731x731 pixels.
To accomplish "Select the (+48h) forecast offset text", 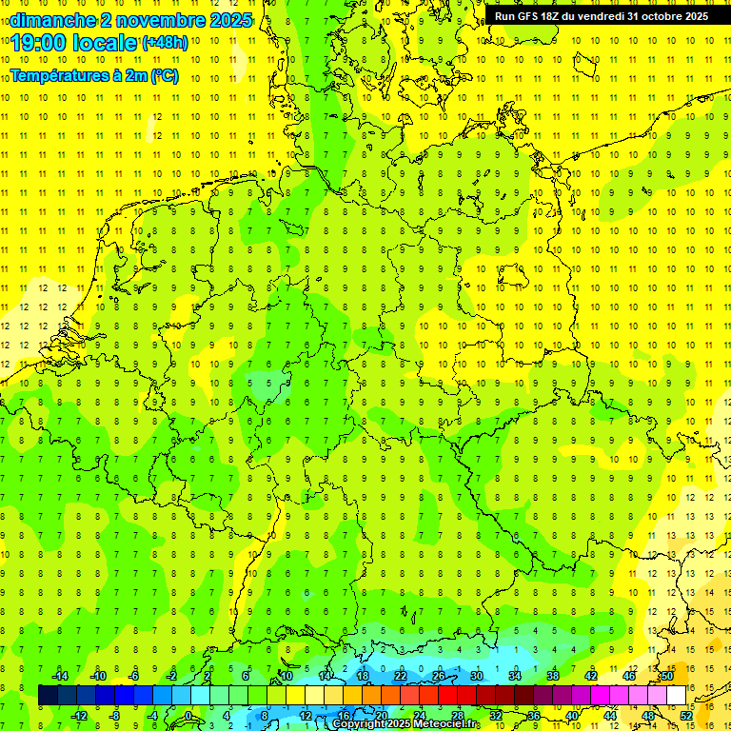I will tap(166, 43).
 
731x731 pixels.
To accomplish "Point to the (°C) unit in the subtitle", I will tap(164, 75).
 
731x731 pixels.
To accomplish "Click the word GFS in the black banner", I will tap(529, 16).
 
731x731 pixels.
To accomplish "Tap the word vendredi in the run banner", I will tap(596, 16).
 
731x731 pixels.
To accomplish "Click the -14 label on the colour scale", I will tap(60, 676).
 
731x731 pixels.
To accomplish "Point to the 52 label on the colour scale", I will tap(686, 716).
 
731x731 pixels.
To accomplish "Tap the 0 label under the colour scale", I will tap(188, 716).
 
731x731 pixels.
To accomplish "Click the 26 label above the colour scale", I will tap(439, 676).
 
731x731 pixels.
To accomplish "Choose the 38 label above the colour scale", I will tap(553, 676).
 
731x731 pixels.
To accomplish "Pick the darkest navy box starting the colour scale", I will tap(48, 695).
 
